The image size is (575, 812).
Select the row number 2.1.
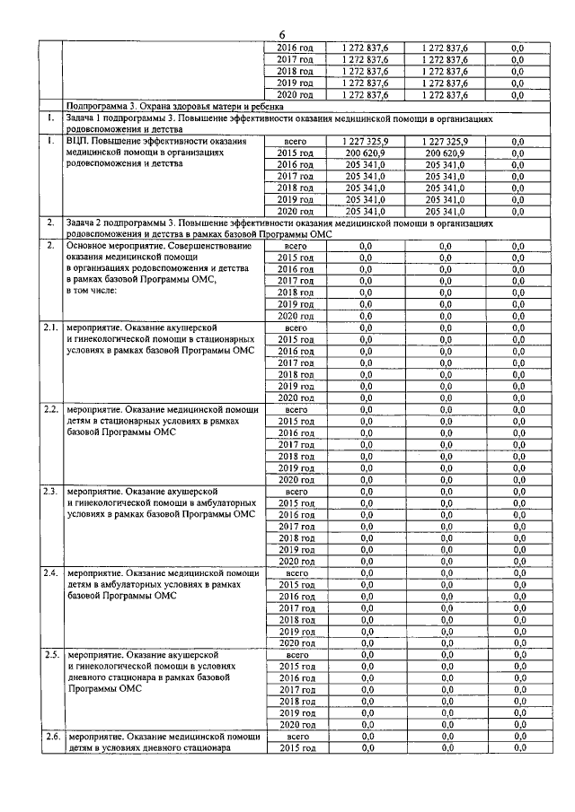[51, 327]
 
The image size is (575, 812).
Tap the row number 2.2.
[51, 409]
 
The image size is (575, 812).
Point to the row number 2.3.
[51, 491]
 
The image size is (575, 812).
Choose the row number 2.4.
[51, 572]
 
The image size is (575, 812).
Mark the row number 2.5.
[51, 654]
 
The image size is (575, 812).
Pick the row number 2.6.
[51, 736]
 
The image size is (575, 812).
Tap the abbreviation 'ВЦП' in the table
[79, 141]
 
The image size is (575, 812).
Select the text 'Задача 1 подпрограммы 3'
[121, 118]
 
